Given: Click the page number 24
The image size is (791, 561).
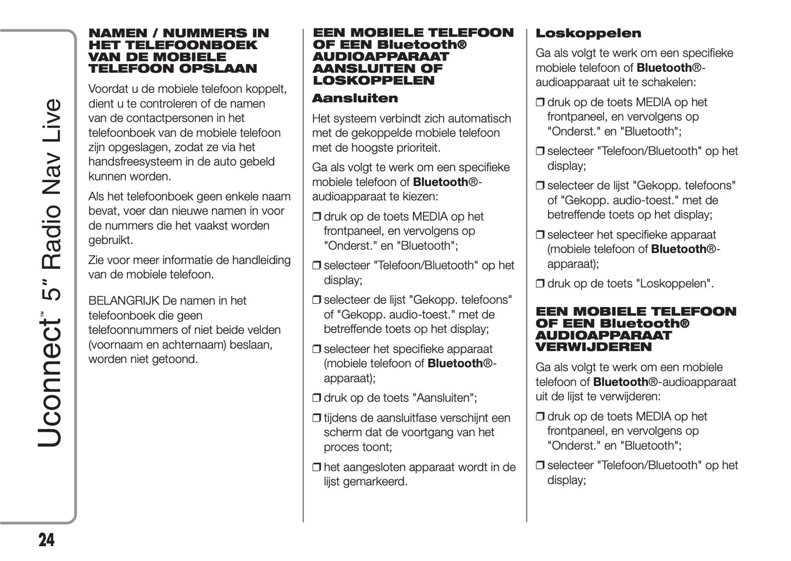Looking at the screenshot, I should [x=47, y=540].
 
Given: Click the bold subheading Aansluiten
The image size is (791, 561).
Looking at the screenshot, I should [x=355, y=99].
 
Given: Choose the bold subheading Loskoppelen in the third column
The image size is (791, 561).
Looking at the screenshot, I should [x=588, y=33].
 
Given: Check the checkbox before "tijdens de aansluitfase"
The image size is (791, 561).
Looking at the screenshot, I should [x=316, y=419].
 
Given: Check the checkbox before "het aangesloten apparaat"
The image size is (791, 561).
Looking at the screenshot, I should [x=316, y=468].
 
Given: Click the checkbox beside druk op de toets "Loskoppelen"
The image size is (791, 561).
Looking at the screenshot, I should [x=540, y=284].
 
